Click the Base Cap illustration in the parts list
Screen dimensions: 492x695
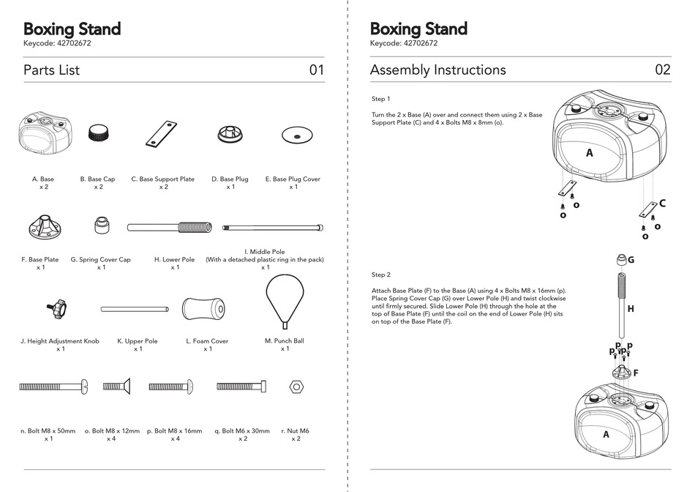tap(97, 133)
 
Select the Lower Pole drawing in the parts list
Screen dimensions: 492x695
tap(170, 228)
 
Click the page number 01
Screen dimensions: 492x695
tap(316, 70)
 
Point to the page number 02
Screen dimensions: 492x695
tap(662, 70)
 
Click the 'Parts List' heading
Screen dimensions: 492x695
tap(51, 70)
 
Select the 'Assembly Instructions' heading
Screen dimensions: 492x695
tap(437, 70)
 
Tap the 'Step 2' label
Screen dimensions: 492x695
tap(381, 275)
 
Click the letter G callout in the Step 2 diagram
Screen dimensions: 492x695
tap(631, 260)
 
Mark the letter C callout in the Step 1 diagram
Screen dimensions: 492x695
tap(662, 204)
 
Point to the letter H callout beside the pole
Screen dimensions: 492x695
tap(631, 309)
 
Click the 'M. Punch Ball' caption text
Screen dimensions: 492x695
tap(284, 340)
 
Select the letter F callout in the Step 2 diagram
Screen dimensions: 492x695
tap(635, 373)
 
